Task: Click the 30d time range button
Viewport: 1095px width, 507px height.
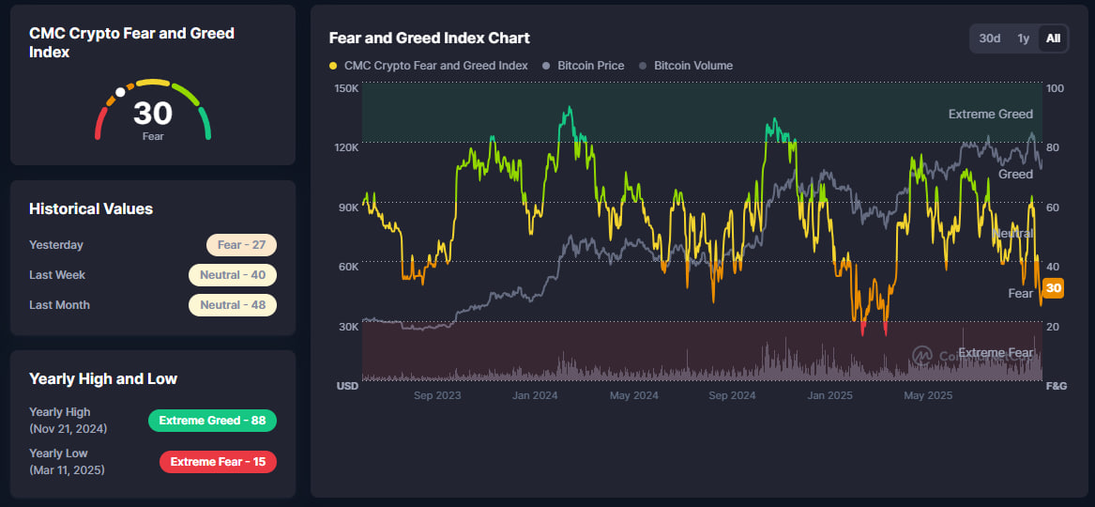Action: pyautogui.click(x=990, y=38)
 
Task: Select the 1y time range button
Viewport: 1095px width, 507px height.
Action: pyautogui.click(x=1024, y=38)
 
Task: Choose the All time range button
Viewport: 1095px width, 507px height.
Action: pyautogui.click(x=1054, y=38)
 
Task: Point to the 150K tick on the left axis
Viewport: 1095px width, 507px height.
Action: pyautogui.click(x=346, y=88)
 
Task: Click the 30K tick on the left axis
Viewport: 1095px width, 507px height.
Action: pyautogui.click(x=347, y=327)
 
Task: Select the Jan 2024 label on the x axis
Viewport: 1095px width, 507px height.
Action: pyautogui.click(x=535, y=395)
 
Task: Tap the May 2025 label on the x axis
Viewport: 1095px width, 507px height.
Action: pyautogui.click(x=928, y=395)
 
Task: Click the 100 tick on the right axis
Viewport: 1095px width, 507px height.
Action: pyautogui.click(x=1055, y=88)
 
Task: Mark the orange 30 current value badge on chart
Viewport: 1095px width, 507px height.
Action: pyautogui.click(x=1054, y=288)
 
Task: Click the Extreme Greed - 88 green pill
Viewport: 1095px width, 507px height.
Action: pyautogui.click(x=212, y=421)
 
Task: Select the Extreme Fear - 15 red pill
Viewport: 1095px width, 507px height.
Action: pyautogui.click(x=218, y=462)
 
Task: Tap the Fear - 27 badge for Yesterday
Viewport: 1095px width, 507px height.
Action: pyautogui.click(x=241, y=245)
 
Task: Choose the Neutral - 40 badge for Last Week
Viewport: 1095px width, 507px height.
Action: pyautogui.click(x=232, y=275)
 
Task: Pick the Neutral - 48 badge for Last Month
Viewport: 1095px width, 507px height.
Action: pyautogui.click(x=232, y=305)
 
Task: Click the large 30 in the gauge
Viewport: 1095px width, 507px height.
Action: pyautogui.click(x=153, y=114)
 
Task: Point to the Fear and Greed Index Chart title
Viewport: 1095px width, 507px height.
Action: pyautogui.click(x=429, y=38)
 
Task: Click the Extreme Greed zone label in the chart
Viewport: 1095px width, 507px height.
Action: pyautogui.click(x=990, y=115)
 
